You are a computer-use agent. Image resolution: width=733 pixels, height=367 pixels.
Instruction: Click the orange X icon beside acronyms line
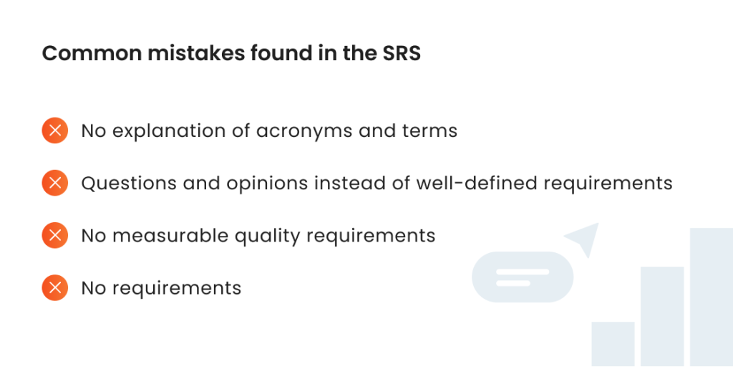pos(54,130)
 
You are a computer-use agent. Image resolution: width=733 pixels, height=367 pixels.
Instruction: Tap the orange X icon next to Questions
pos(54,183)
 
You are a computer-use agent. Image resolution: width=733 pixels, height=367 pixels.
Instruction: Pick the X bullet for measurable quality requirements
pos(54,235)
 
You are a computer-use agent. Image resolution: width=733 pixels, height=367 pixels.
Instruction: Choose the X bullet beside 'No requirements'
pos(54,287)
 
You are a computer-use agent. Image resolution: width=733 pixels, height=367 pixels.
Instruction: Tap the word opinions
pos(268,184)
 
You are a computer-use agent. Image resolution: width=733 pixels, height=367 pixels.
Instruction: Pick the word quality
pos(267,237)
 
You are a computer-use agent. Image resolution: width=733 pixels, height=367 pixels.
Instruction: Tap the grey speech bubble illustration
pos(523,277)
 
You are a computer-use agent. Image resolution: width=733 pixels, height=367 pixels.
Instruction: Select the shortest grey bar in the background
pos(613,344)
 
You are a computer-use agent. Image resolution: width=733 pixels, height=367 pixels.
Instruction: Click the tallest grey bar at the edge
pos(712,297)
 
